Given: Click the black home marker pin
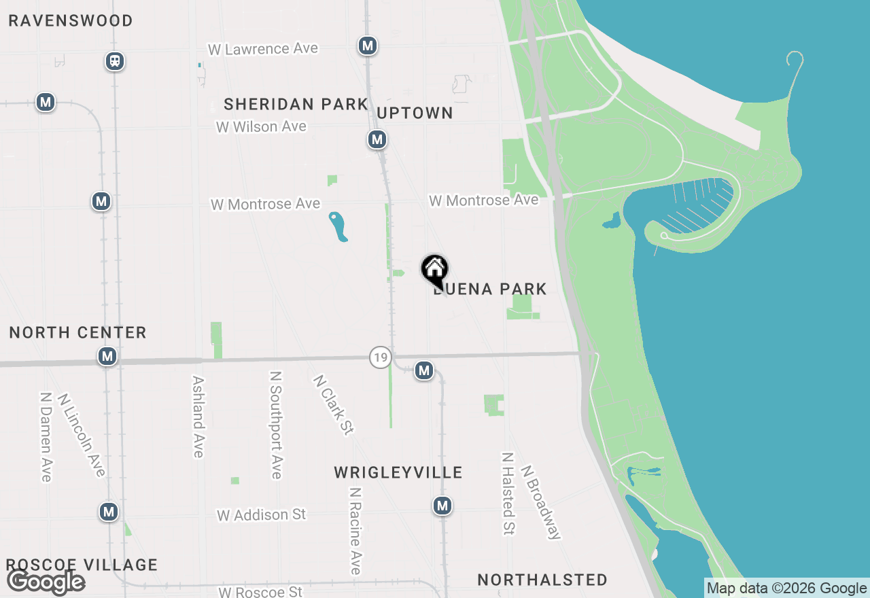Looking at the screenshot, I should [434, 270].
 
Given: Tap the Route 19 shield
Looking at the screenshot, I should [381, 357].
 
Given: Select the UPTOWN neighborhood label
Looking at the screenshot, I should [415, 113].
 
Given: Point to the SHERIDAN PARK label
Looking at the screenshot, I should [296, 105].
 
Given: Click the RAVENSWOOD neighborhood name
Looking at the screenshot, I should [71, 21].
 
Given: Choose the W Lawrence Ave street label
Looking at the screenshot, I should [262, 49].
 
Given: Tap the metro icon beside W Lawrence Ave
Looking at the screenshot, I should [368, 46].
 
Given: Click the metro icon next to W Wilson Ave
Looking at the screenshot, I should [377, 140].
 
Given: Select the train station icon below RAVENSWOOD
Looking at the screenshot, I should [115, 61].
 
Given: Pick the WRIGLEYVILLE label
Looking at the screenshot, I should [398, 472].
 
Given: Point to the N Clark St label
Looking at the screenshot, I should [334, 405].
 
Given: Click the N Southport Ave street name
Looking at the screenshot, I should [275, 425].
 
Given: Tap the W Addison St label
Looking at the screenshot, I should [262, 515].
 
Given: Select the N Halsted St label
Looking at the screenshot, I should [508, 493].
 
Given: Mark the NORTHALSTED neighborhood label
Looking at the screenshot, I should [542, 580].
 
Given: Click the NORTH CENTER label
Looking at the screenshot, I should [78, 333].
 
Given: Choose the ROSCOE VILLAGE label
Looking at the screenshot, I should [82, 565].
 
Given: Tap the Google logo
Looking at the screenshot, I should [46, 582].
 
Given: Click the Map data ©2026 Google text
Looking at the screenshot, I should [786, 588].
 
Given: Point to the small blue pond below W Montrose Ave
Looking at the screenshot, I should [338, 227].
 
